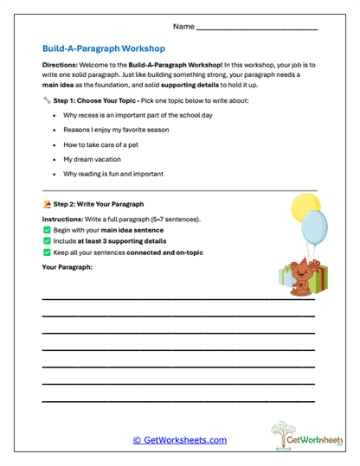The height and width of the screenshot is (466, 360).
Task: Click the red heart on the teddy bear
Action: [x=303, y=283]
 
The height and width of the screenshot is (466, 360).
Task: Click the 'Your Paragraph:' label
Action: [x=67, y=267]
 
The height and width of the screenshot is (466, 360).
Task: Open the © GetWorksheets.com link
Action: [x=179, y=439]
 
